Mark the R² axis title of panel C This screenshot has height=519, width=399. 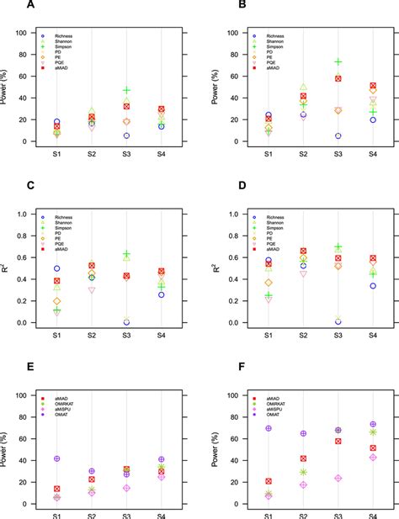(13, 268)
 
